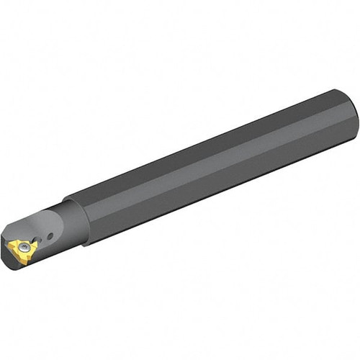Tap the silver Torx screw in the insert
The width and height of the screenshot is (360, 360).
[x=24, y=247]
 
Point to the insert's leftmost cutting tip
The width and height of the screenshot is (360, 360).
[x=8, y=246]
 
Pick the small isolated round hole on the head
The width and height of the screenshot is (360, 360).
[x=50, y=236]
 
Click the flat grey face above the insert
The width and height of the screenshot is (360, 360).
[x=36, y=223]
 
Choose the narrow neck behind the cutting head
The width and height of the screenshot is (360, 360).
[x=68, y=230]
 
